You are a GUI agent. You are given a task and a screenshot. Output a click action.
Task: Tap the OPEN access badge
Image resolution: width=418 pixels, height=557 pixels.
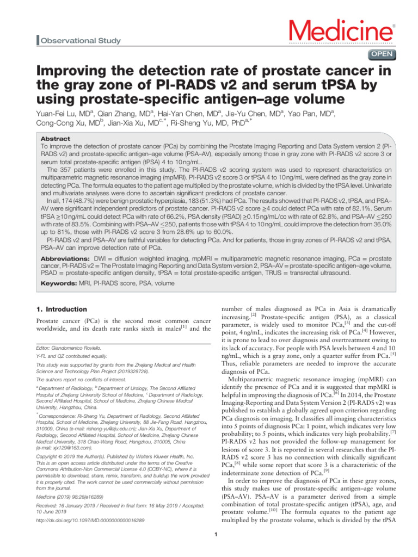(x=383, y=54)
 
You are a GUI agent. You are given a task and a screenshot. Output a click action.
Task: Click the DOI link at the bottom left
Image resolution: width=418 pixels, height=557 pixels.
(x=90, y=520)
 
